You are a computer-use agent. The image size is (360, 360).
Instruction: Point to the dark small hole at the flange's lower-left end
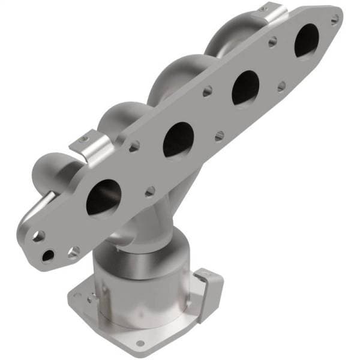coord(47,256)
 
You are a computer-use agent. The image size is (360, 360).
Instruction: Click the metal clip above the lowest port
coord(89,152)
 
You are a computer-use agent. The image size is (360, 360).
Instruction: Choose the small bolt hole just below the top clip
coord(272,43)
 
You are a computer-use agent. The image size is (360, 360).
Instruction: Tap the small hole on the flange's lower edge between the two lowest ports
coord(150,191)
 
